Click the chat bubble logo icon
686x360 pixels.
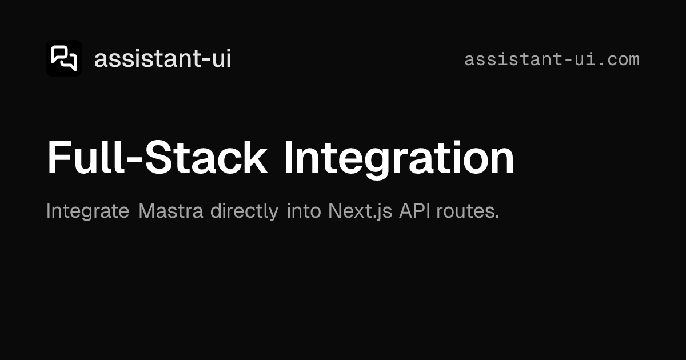[64, 58]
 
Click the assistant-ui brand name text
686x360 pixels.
[162, 59]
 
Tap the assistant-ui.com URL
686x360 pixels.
[552, 59]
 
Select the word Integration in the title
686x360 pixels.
[399, 158]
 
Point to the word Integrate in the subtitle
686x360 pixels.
[87, 211]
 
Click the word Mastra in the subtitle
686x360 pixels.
[171, 211]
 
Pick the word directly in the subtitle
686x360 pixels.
[245, 211]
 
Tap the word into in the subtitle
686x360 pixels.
[305, 211]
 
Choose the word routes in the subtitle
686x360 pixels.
[468, 211]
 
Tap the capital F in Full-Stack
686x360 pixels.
[57, 158]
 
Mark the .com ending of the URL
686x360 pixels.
[620, 59]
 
